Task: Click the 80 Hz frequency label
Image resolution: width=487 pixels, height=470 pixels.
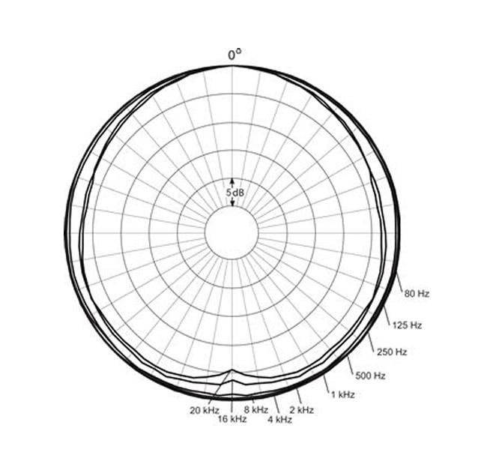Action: (417, 294)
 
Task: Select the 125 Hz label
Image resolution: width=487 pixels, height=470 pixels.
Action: (407, 325)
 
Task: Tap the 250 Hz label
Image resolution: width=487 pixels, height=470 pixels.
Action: (392, 352)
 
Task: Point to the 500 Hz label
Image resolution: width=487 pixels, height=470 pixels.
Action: (370, 376)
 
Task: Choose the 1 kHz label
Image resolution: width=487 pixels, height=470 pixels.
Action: (342, 395)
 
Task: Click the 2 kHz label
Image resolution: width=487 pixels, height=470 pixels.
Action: (302, 410)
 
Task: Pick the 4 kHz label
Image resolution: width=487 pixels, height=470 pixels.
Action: (280, 420)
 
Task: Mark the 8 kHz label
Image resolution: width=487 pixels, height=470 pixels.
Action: (256, 410)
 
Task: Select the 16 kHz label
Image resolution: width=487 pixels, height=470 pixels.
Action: (232, 419)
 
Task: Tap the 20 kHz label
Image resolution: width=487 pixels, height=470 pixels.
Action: (205, 410)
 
